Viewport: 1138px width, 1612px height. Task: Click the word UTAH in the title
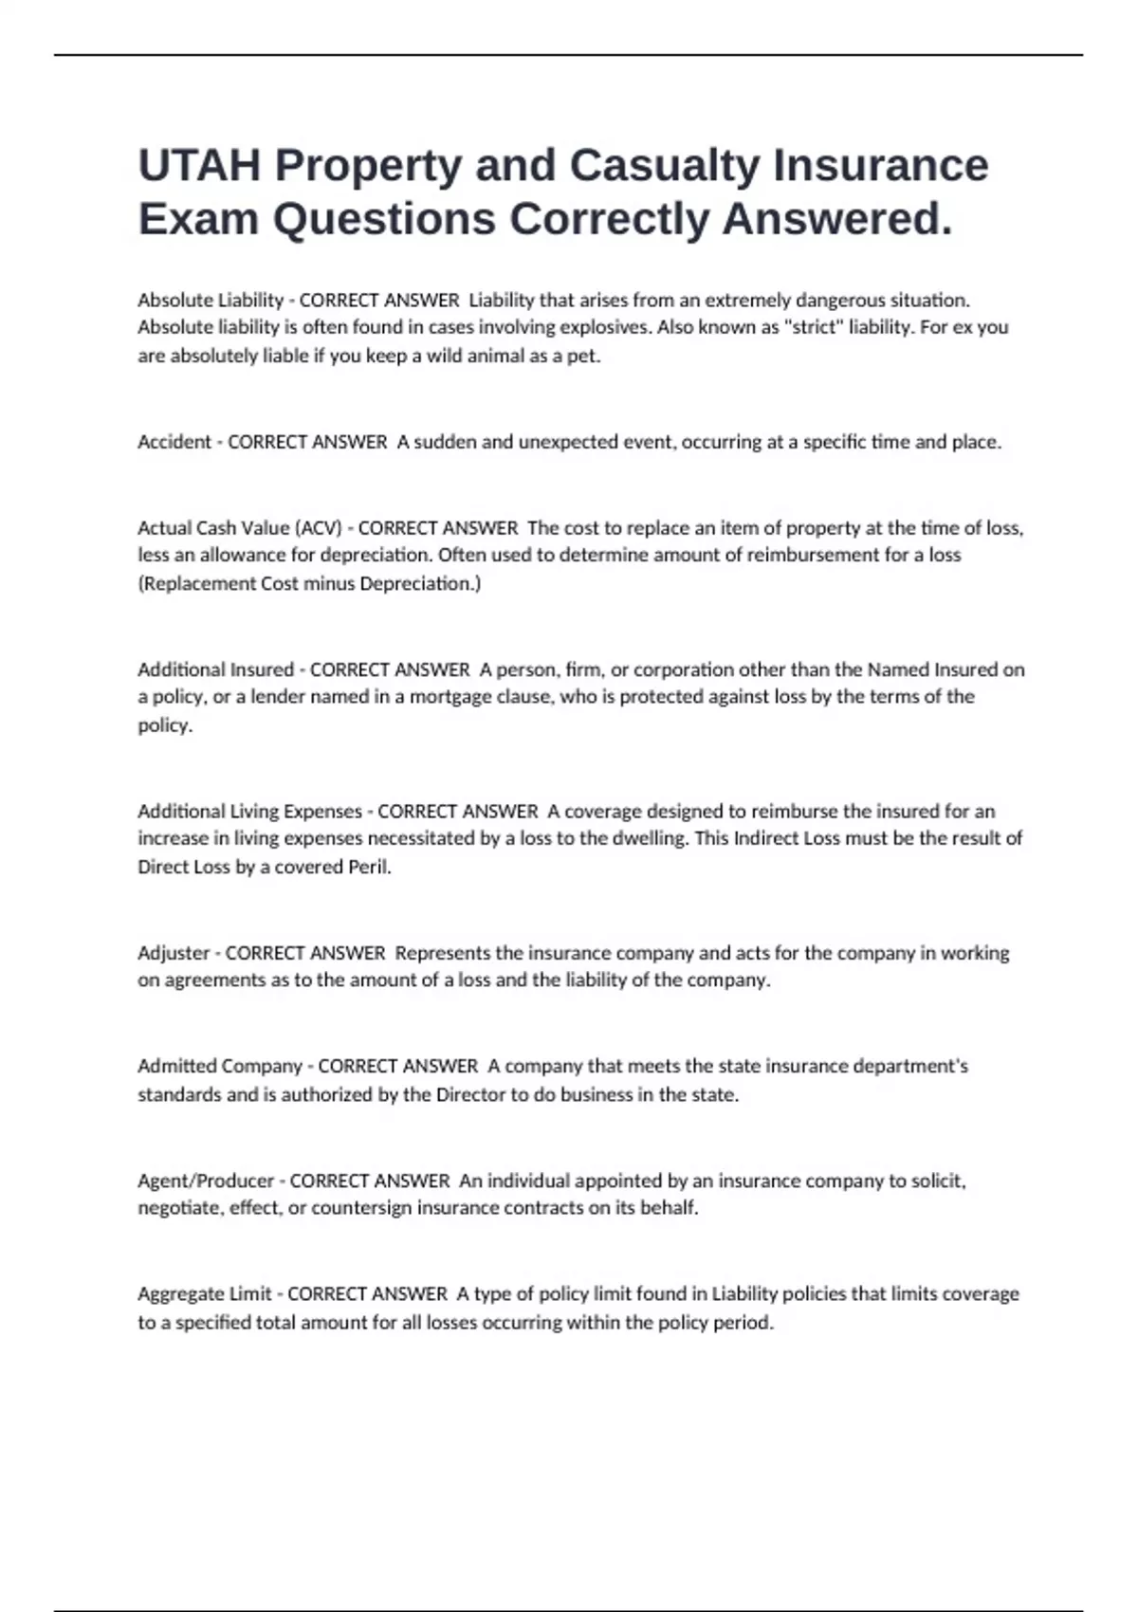(199, 165)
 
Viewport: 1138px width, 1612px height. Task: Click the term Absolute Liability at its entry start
(211, 301)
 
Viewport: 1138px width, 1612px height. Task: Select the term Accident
(174, 442)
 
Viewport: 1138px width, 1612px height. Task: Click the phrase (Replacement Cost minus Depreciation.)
(309, 584)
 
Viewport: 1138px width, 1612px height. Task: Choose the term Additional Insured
(215, 670)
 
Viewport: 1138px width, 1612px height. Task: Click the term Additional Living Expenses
(249, 812)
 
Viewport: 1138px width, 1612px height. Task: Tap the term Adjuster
(174, 953)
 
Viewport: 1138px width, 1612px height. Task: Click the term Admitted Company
(219, 1067)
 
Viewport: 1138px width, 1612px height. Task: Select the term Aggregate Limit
(204, 1294)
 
